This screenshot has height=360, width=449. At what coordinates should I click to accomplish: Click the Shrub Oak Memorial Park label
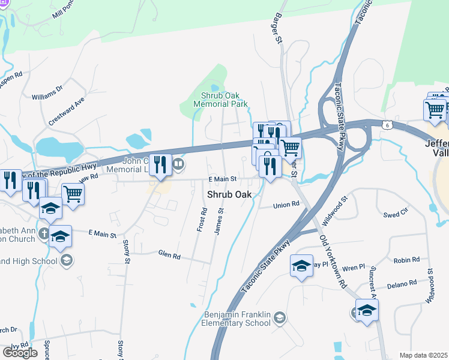coord(220,100)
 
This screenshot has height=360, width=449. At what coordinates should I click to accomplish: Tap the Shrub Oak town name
coord(229,194)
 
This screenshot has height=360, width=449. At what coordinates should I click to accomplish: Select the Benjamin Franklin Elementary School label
coord(238,319)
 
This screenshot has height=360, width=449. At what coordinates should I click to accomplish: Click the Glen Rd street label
coord(169,254)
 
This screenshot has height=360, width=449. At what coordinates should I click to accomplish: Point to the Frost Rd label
coord(202,220)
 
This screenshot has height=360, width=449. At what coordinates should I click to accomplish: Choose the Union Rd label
coord(286,205)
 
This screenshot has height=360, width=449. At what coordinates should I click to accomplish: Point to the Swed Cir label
coord(396,213)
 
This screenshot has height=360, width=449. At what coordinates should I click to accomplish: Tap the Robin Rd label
coord(407,260)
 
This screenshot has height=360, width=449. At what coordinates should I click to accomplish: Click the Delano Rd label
coord(402,284)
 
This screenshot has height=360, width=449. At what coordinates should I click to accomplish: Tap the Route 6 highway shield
coord(386,124)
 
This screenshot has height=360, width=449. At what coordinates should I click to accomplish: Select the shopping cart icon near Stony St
coord(73,193)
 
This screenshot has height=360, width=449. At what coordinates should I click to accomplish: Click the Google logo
coord(20,353)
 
